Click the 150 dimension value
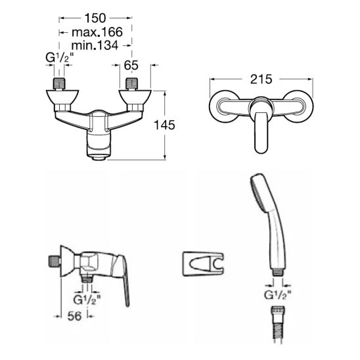[x=95, y=18]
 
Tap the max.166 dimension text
[x=97, y=32]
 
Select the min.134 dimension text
[x=95, y=45]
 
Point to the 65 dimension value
[x=131, y=65]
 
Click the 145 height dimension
[x=164, y=125]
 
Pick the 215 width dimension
[x=261, y=79]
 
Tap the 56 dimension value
[x=75, y=316]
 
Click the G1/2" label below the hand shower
[x=278, y=295]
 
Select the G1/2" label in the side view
[x=87, y=300]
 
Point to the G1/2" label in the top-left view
[x=59, y=58]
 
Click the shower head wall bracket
[x=203, y=264]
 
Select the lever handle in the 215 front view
[x=261, y=133]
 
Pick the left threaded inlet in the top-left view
[x=59, y=83]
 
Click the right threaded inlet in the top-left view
[x=132, y=83]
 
